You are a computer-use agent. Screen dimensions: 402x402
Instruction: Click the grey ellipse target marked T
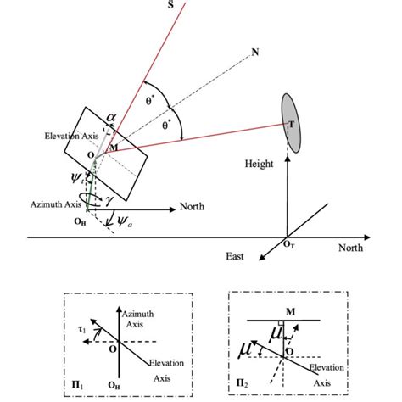pyautogui.click(x=291, y=123)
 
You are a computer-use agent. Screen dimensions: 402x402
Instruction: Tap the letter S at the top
pyautogui.click(x=170, y=5)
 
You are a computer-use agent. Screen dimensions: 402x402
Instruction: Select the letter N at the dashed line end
pyautogui.click(x=255, y=53)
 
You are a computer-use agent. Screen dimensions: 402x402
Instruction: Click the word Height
pyautogui.click(x=259, y=164)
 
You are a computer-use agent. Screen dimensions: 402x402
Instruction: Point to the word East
pyautogui.click(x=235, y=256)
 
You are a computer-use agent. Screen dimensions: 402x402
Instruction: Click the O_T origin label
pyautogui.click(x=289, y=245)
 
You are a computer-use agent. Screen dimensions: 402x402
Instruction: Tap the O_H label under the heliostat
pyautogui.click(x=80, y=221)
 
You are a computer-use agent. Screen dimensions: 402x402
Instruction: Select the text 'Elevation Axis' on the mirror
pyautogui.click(x=71, y=136)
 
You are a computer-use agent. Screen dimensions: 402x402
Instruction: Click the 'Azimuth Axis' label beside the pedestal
pyautogui.click(x=56, y=204)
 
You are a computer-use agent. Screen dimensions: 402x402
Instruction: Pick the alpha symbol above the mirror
pyautogui.click(x=111, y=118)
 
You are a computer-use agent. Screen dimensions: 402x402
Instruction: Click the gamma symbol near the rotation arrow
pyautogui.click(x=109, y=200)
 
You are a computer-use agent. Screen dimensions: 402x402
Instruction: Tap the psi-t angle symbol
pyautogui.click(x=77, y=178)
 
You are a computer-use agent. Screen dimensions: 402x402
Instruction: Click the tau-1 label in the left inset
pyautogui.click(x=81, y=329)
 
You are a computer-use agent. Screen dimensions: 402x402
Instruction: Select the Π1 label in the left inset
pyautogui.click(x=77, y=385)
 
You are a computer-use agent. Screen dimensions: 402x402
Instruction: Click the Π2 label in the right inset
pyautogui.click(x=242, y=383)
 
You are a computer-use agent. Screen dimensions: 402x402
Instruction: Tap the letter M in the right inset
pyautogui.click(x=291, y=312)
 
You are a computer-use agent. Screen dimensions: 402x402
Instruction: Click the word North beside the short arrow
pyautogui.click(x=192, y=207)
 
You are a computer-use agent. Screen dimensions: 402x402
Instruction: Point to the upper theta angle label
pyautogui.click(x=150, y=101)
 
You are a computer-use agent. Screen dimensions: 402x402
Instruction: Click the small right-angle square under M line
pyautogui.click(x=281, y=323)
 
